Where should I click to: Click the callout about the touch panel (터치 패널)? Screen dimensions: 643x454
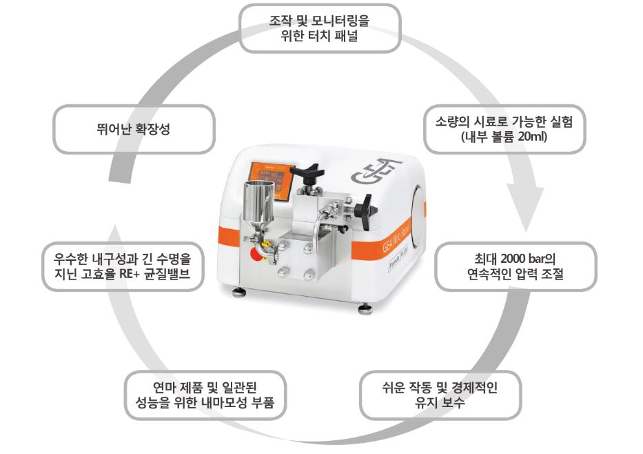320,28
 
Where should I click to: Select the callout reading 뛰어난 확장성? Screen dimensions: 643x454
134,129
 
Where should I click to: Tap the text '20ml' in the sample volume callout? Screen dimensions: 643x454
532,137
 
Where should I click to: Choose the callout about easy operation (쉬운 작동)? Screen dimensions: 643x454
440,395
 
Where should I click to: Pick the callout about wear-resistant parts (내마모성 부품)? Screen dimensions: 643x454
205,395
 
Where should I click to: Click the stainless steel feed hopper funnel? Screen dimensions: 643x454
257,205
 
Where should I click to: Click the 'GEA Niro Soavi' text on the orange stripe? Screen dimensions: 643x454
396,239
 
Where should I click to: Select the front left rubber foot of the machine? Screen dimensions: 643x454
239,292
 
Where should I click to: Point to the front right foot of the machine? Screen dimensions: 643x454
365,308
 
